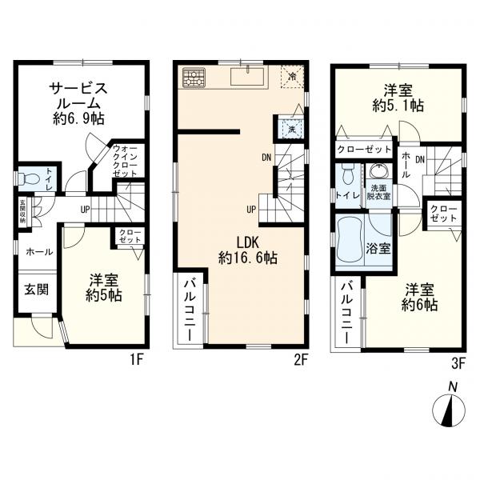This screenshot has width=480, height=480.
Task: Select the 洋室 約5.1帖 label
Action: pos(398,98)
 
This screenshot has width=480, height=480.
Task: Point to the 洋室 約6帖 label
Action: pos(419,297)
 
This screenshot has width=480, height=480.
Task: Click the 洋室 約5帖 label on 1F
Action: pos(105,287)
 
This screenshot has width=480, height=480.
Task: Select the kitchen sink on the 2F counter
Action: pos(249,77)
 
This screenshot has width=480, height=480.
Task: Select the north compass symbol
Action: pos(450,410)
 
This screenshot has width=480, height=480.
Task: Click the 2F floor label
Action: pos(299,359)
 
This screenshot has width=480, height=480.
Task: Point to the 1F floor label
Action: pos(137,359)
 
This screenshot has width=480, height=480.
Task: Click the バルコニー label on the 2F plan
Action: pos(192,310)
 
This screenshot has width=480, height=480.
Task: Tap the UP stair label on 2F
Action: pos(251,210)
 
